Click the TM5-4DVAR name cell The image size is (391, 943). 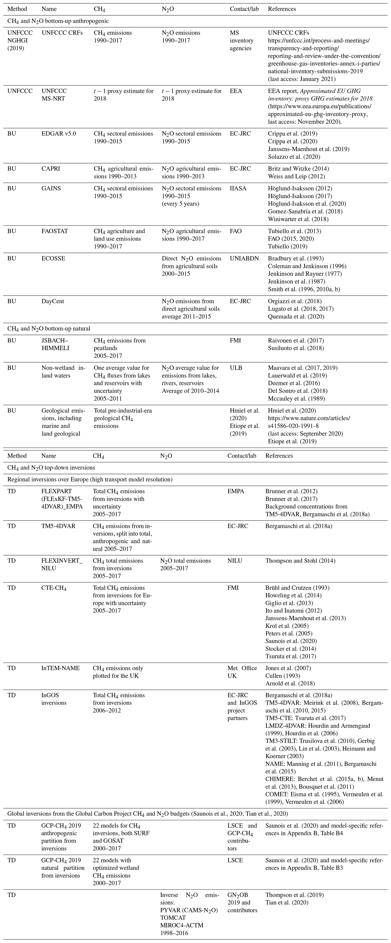(58, 526)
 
